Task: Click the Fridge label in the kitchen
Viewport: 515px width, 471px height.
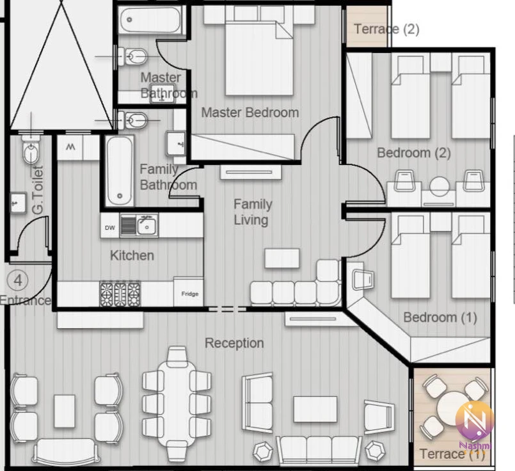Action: click(190, 294)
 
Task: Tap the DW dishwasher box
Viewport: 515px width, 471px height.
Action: click(110, 227)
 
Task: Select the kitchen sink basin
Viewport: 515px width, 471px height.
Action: click(147, 225)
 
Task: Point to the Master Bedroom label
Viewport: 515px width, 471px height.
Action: click(250, 113)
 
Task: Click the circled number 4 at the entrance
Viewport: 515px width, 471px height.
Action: click(18, 280)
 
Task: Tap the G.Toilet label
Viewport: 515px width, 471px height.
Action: click(38, 191)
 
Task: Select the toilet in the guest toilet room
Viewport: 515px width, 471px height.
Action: click(31, 149)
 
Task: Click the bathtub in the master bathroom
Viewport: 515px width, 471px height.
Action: click(150, 20)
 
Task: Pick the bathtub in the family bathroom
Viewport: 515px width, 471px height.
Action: click(119, 171)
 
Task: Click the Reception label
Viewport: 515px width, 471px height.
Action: click(234, 343)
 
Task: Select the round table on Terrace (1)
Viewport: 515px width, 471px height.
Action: click(452, 408)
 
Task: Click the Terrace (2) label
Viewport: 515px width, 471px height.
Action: click(386, 29)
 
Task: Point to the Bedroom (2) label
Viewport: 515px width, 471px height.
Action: click(414, 153)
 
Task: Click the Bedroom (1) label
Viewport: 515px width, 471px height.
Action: click(440, 317)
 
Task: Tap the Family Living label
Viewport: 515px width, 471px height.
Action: click(253, 212)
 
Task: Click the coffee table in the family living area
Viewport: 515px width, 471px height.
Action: click(282, 258)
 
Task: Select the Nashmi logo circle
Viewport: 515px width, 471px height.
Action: click(475, 420)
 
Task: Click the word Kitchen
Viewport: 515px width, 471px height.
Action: click(132, 255)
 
